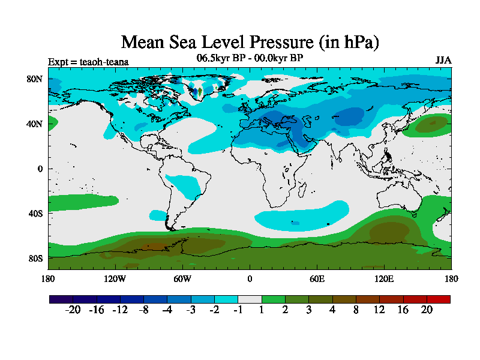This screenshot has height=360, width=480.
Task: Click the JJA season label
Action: pos(443,60)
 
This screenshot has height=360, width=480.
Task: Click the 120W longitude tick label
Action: pos(115,278)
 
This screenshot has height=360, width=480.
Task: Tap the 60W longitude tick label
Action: pos(182,278)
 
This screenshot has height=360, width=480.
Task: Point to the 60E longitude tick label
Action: pos(317,278)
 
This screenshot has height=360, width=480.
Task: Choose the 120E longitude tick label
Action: pos(384,278)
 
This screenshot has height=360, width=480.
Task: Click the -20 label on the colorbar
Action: pos(73,310)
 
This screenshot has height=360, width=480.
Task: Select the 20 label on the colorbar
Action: pos(427,310)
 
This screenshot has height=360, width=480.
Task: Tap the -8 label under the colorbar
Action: pos(143,310)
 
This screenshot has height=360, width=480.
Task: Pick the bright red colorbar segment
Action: pos(438,298)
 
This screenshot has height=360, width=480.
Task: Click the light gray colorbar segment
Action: pos(250,298)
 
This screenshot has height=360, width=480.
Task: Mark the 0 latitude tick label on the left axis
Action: pos(40,169)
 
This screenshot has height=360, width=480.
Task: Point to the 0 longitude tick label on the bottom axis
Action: pos(250,278)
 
